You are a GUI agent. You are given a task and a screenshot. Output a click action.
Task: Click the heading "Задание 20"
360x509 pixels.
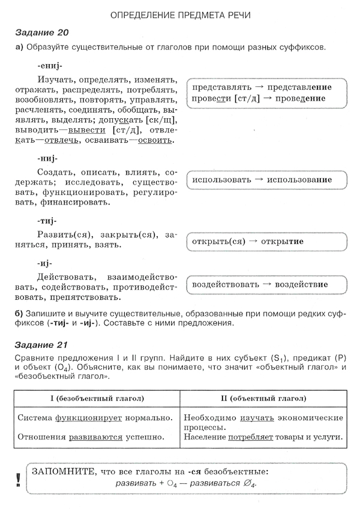tap(40, 32)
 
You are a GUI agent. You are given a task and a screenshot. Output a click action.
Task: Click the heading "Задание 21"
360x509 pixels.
tap(40, 345)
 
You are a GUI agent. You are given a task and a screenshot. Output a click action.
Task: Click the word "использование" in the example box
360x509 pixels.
tap(299, 180)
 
